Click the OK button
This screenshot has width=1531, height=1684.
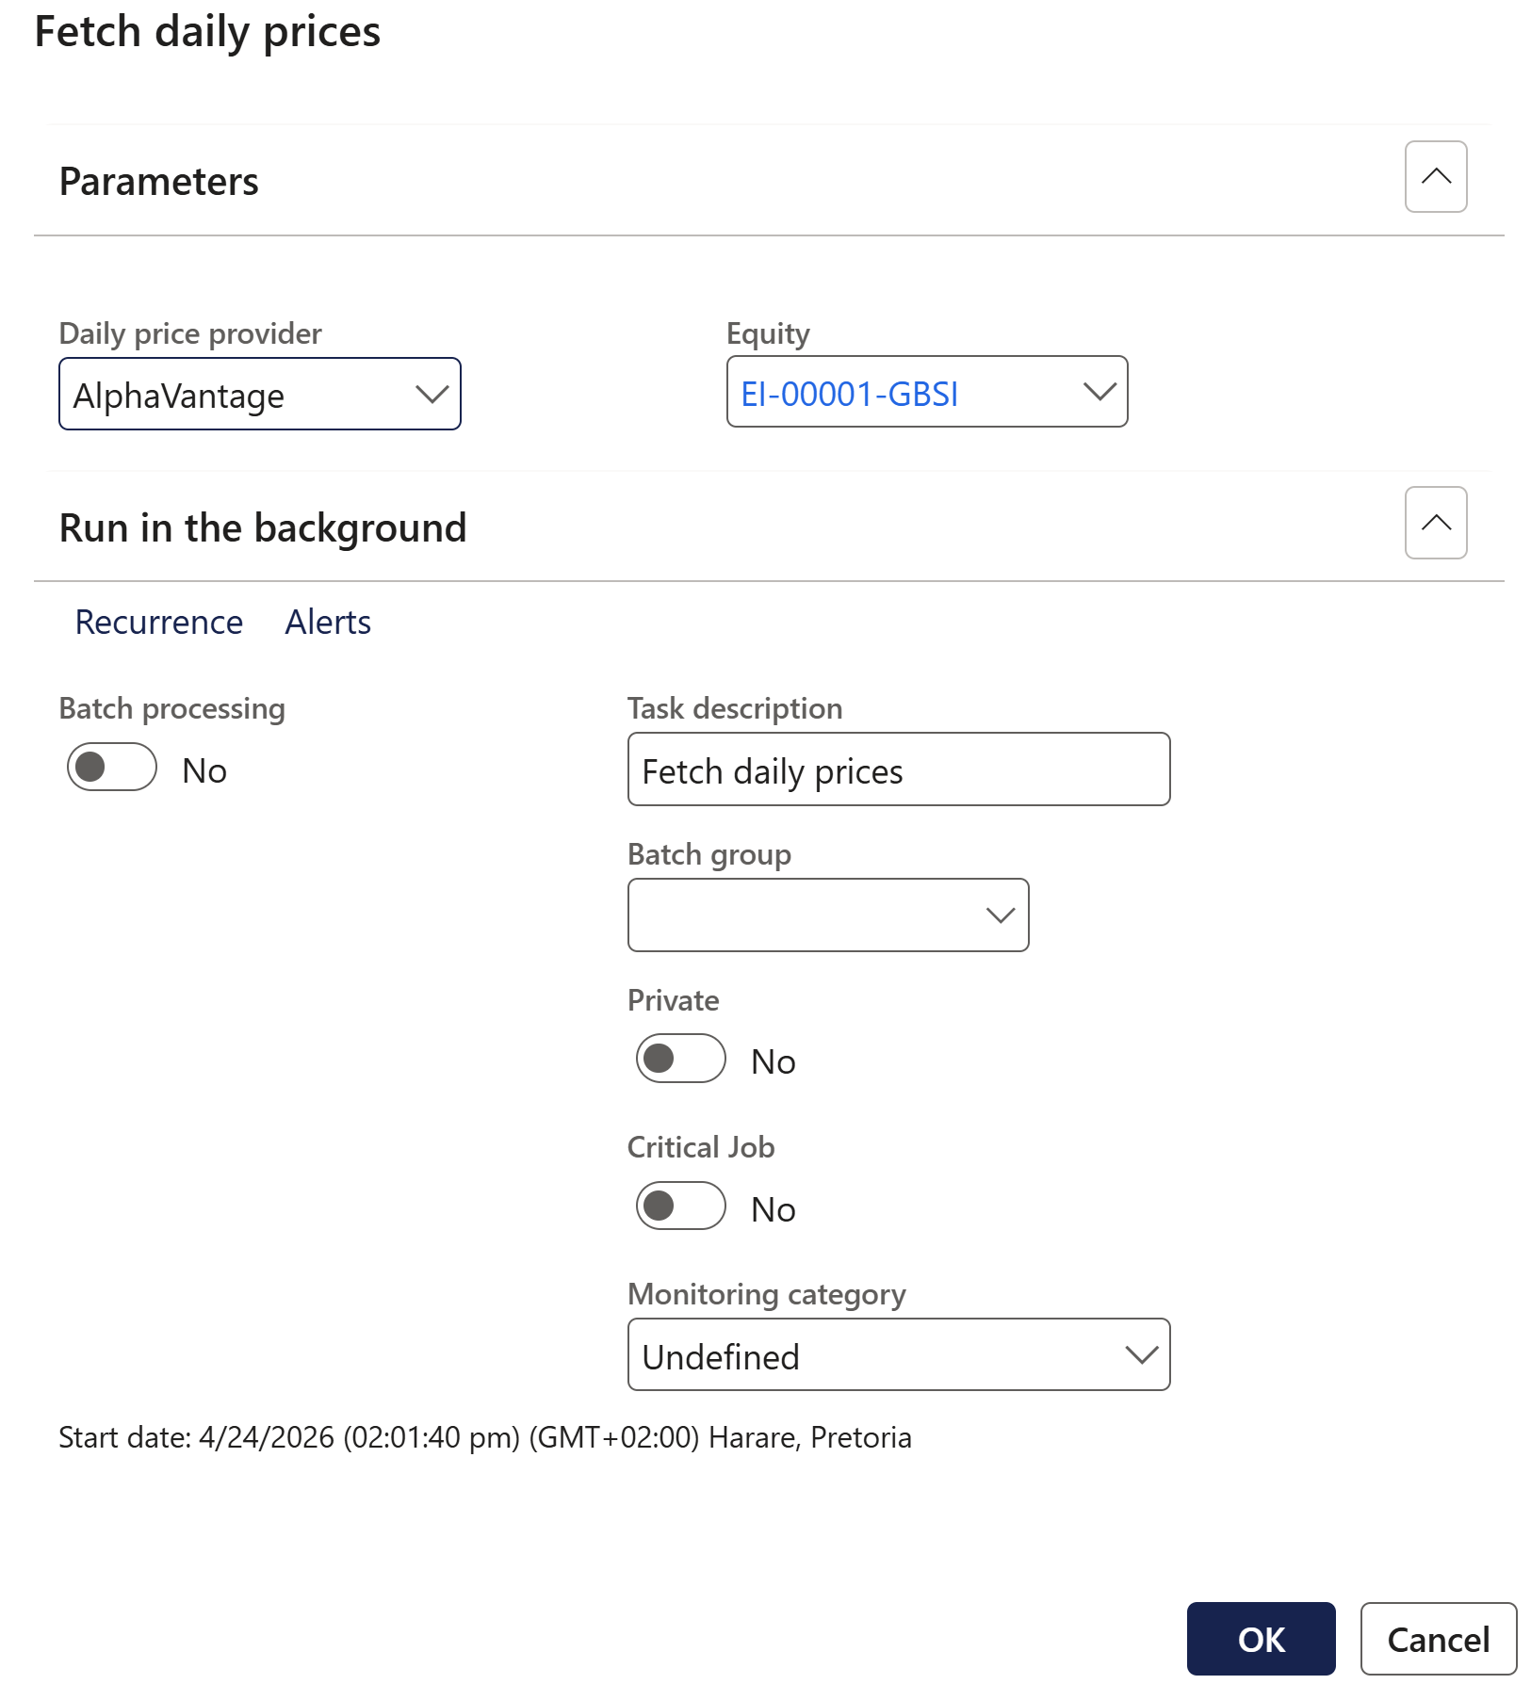[x=1260, y=1639]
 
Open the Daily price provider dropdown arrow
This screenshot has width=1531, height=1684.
[x=432, y=395]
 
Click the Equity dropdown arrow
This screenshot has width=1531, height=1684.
[x=1099, y=392]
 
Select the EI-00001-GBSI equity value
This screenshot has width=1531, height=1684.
[x=849, y=394]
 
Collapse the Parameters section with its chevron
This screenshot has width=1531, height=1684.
[x=1435, y=177]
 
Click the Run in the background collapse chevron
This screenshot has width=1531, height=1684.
[x=1435, y=523]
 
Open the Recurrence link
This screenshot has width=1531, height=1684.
[x=158, y=623]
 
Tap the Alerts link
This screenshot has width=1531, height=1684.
[x=328, y=623]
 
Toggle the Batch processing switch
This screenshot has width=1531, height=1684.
[x=112, y=767]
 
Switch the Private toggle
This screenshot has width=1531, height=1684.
[x=680, y=1059]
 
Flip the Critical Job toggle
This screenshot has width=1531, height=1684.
[x=680, y=1206]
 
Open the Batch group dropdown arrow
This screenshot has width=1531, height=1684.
[x=1000, y=915]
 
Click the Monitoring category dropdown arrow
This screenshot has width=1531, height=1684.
[x=1141, y=1355]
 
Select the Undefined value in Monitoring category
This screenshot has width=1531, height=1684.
[x=721, y=1357]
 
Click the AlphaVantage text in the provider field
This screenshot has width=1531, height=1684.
[x=179, y=397]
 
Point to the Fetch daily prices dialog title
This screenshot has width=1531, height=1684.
[x=207, y=32]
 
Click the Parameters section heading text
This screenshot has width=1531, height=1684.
[x=158, y=182]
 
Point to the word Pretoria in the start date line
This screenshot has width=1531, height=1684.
[x=860, y=1437]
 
